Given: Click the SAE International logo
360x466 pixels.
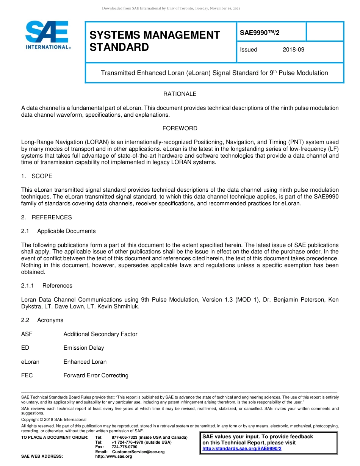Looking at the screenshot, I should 47,35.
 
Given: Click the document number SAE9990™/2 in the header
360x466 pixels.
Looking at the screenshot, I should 260,33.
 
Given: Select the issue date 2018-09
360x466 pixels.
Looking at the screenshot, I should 293,50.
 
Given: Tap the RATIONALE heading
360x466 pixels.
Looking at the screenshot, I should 180,94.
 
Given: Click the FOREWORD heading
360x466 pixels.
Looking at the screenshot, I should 180,128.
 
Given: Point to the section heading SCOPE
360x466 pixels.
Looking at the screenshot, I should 42,176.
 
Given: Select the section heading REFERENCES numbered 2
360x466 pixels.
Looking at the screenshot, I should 52,217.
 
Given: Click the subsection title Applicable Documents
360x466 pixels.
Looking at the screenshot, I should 66,231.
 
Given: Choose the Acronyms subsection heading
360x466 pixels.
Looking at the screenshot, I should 50,320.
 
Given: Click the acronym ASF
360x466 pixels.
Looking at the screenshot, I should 27,334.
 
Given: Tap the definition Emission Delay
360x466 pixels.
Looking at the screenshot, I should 83,348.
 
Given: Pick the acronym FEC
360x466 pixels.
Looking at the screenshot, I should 27,375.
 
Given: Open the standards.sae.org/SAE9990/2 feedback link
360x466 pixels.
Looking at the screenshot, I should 242,449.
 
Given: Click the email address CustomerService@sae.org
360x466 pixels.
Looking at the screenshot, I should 138,452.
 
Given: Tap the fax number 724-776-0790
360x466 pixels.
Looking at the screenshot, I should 124,447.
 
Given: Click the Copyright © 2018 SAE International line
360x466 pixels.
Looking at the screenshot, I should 54,419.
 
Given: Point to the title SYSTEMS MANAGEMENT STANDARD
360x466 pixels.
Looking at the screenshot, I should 155,41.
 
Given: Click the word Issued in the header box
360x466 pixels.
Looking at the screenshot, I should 249,50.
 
